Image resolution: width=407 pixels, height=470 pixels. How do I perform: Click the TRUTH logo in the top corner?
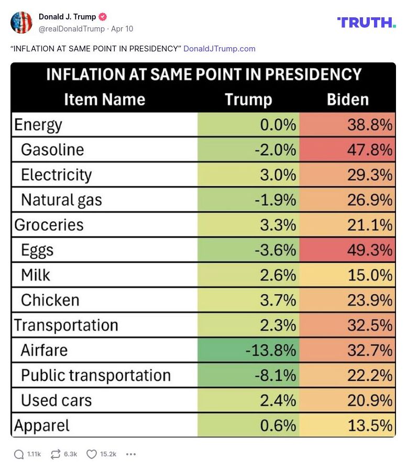coord(366,22)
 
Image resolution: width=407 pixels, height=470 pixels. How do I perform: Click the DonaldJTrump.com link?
coord(219,49)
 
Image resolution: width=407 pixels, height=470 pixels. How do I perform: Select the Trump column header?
coord(248,100)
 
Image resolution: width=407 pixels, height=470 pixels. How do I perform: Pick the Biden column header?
coord(348,100)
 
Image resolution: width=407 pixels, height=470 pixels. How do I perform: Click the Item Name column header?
coord(104,100)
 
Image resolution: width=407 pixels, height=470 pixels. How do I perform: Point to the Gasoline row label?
coord(52,149)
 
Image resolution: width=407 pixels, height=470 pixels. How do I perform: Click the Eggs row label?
coord(37,250)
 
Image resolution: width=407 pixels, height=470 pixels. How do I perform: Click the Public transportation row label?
coord(96,375)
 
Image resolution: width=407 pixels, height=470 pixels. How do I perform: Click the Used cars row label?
coord(56,400)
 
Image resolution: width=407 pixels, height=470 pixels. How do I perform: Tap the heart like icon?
coord(92,454)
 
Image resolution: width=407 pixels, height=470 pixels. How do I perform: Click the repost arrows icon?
coord(56,454)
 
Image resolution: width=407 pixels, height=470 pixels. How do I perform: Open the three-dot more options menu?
coord(131,454)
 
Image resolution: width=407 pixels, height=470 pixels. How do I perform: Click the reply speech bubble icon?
coord(19,454)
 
